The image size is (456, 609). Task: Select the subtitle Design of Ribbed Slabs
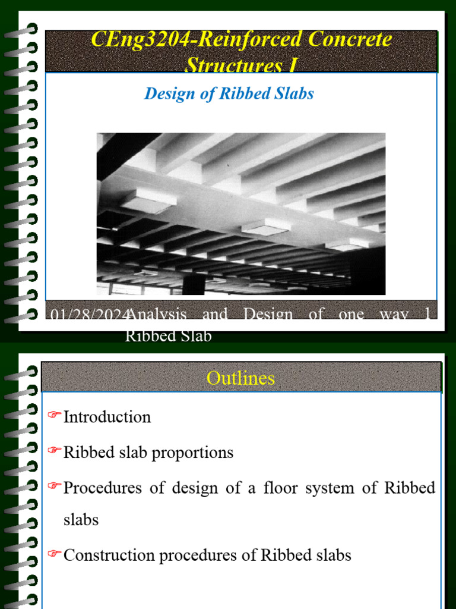coord(229,93)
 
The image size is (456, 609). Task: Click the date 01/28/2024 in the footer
coord(88,315)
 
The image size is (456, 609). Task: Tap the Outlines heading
coord(240,378)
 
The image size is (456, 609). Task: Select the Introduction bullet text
coord(107,417)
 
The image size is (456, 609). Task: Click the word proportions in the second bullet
coord(192,453)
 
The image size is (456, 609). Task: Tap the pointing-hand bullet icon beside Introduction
coord(55,415)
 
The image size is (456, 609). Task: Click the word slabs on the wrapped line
coord(81,520)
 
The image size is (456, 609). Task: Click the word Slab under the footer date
coord(195,336)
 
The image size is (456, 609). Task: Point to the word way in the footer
coord(392,315)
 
